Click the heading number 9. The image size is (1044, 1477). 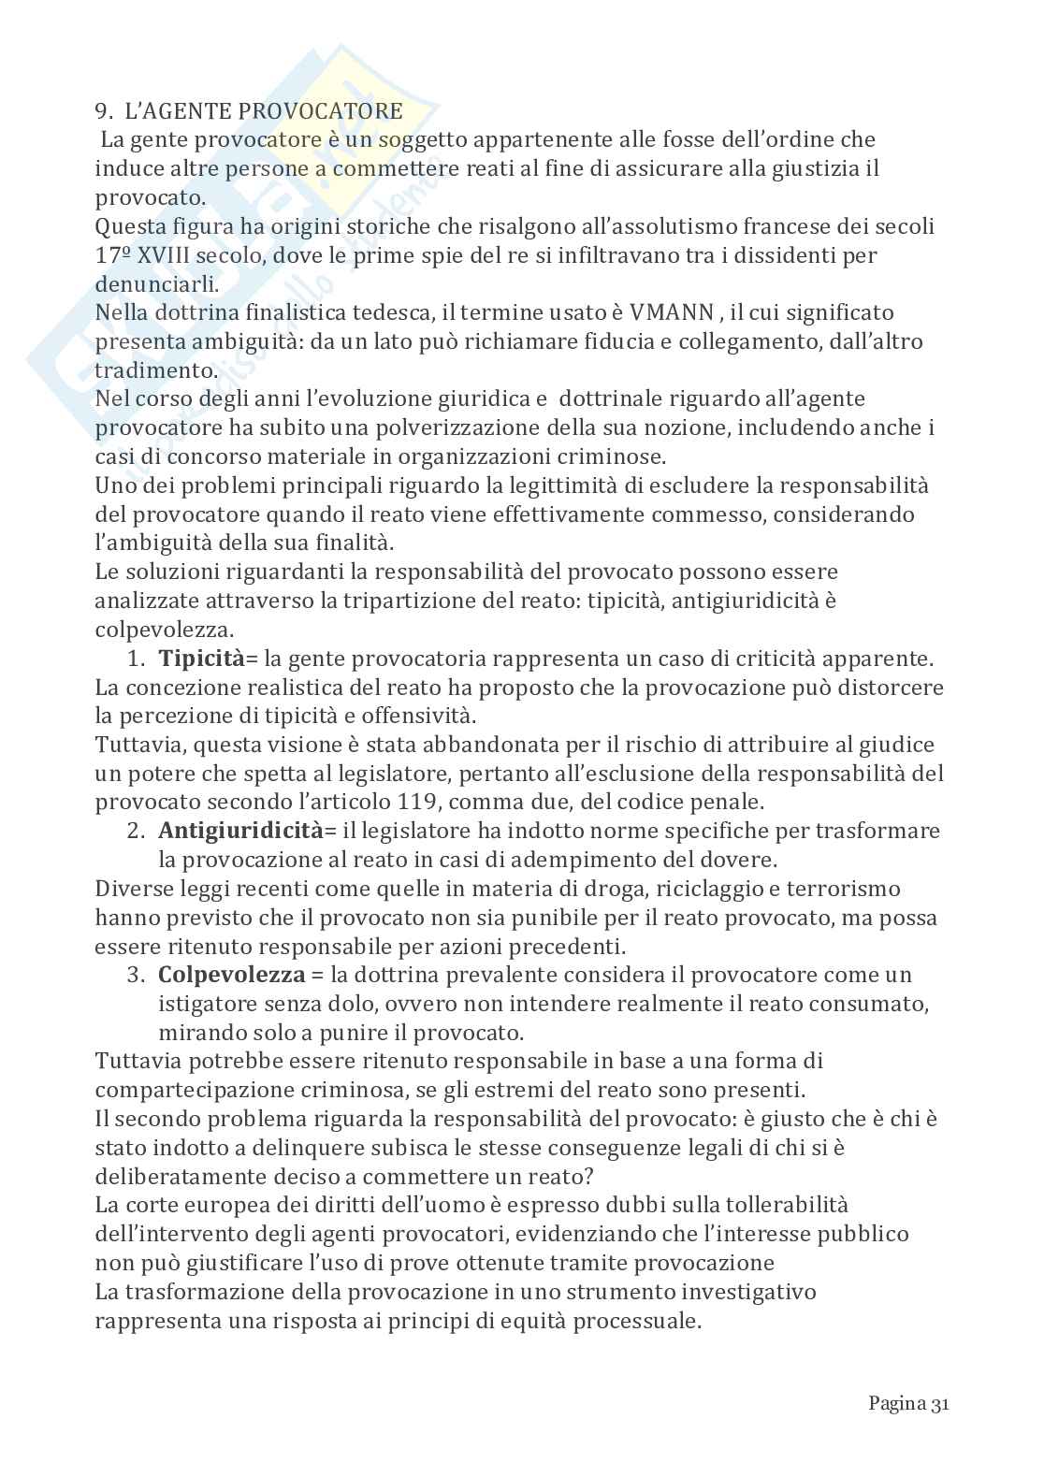click(102, 111)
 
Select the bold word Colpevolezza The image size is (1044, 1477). click(232, 975)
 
